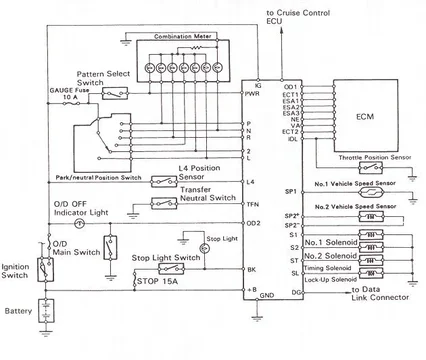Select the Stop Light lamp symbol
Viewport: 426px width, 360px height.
click(184, 241)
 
